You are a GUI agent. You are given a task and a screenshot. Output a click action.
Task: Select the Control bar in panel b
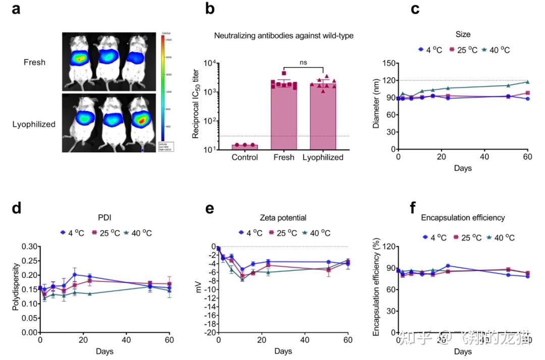tap(244, 147)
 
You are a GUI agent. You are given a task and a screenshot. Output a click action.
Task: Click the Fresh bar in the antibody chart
tap(284, 116)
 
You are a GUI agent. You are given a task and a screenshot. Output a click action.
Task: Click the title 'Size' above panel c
tap(463, 35)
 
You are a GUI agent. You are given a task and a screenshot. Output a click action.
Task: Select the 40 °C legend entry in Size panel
tap(496, 50)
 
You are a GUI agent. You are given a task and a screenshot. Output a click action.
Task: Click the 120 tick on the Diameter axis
tap(387, 80)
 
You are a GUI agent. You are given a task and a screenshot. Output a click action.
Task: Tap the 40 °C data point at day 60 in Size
tap(528, 82)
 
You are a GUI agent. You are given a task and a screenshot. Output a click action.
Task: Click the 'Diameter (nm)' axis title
tap(376, 106)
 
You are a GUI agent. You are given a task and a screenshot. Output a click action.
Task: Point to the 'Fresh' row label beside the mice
tap(34, 63)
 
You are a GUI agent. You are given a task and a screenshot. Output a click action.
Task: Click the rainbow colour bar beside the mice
tap(163, 91)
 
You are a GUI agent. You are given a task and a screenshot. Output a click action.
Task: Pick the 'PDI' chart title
tap(104, 218)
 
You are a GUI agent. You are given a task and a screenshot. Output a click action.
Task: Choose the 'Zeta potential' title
tap(284, 218)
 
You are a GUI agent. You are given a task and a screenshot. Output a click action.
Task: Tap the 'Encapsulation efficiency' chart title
tap(463, 218)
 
